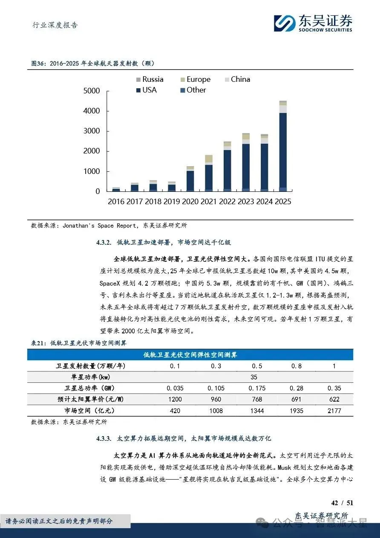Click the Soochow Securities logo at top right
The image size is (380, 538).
(x=313, y=23)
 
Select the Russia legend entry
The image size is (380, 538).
(x=150, y=79)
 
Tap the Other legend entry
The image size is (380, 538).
(x=192, y=90)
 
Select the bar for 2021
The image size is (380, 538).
(x=209, y=173)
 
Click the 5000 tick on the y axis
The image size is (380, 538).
(x=92, y=91)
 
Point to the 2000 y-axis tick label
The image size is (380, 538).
(x=92, y=151)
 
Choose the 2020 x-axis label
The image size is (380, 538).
(x=190, y=202)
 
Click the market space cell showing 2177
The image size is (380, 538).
(x=334, y=411)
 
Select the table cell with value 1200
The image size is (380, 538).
(x=175, y=399)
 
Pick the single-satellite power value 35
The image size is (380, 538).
(x=254, y=377)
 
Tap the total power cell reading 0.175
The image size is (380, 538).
(x=257, y=388)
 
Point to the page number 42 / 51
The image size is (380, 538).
(x=342, y=503)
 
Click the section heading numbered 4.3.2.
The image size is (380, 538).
(x=164, y=243)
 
